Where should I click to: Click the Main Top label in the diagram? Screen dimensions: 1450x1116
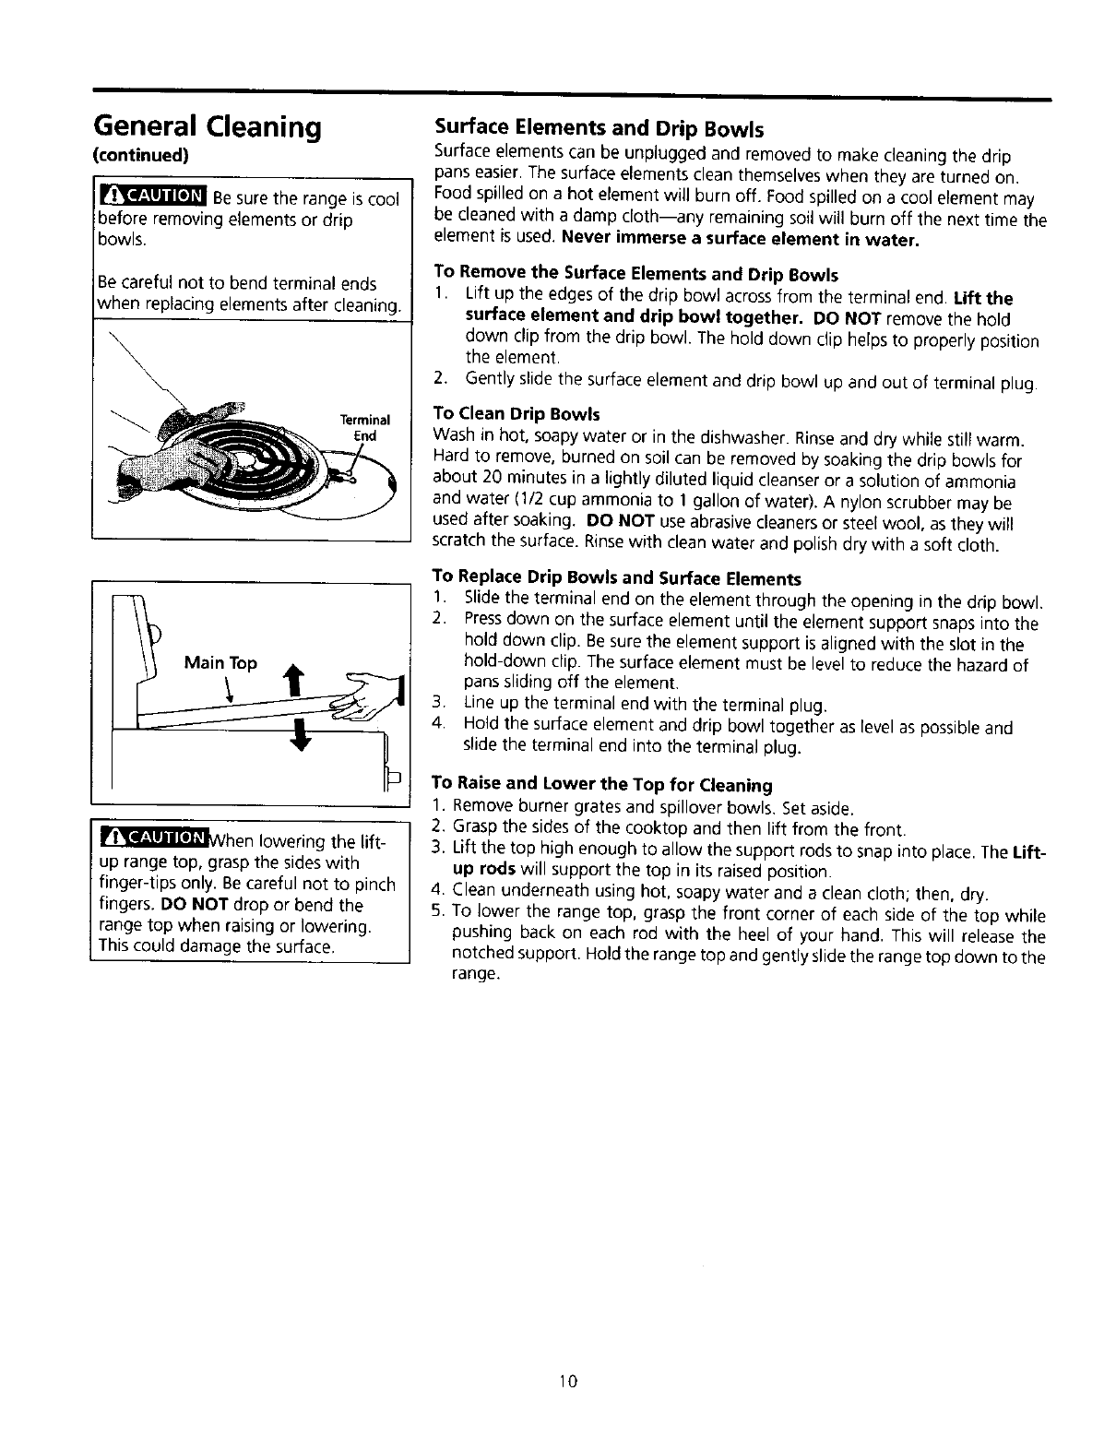coord(220,663)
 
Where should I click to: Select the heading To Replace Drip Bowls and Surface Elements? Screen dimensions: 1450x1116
coord(616,578)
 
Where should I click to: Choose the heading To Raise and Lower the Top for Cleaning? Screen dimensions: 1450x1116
coord(602,785)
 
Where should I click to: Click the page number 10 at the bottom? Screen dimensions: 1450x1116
coord(567,1381)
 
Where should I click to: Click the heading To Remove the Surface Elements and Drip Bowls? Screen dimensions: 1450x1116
coord(635,274)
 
